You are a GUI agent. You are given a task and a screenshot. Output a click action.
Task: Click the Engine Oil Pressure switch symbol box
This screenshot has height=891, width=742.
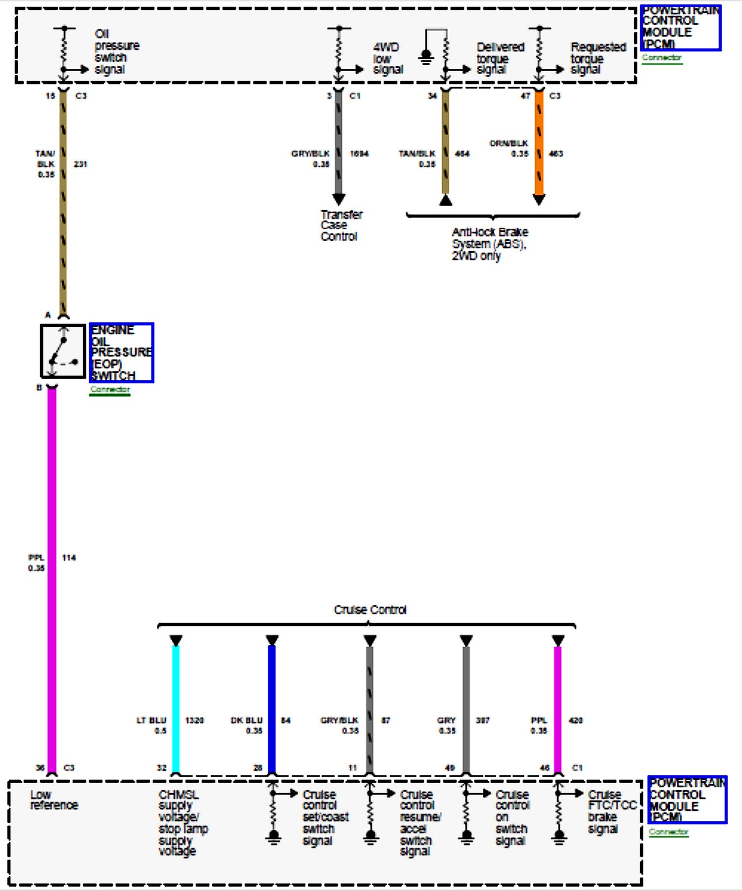coord(63,351)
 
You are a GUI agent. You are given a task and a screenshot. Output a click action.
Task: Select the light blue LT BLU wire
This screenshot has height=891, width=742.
coord(176,707)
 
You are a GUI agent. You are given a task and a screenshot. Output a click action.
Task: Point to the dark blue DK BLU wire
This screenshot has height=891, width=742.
coord(272,707)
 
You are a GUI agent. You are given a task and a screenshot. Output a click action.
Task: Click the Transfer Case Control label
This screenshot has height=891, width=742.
coord(340,225)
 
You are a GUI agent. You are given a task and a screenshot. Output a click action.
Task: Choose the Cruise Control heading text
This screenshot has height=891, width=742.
coord(370,610)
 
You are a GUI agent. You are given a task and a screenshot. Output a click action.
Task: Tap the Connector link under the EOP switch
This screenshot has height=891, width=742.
coord(110,390)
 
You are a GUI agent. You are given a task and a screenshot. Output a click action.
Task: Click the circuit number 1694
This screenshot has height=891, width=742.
coord(359,154)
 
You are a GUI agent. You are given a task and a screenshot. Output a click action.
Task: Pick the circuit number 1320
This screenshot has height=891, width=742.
coord(194,720)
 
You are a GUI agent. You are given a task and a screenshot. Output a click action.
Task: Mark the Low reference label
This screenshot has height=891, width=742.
coord(54,800)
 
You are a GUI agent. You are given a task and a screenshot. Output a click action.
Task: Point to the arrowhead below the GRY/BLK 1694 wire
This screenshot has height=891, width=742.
coord(339,199)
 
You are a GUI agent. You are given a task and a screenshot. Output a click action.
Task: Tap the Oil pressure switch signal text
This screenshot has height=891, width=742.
coord(116,51)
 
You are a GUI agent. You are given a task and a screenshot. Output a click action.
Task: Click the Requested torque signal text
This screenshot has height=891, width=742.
coord(598,58)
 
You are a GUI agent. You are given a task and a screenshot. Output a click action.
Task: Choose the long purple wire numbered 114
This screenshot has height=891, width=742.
coord(52,579)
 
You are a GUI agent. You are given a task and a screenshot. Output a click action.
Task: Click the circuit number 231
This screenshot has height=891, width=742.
coord(80,164)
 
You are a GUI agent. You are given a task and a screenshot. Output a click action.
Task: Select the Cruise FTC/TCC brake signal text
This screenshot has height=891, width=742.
coord(611,812)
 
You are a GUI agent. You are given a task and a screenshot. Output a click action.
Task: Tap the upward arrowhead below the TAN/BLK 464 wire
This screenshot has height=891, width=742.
coord(446,200)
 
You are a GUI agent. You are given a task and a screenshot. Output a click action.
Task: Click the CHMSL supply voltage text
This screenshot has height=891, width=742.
coord(182,823)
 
